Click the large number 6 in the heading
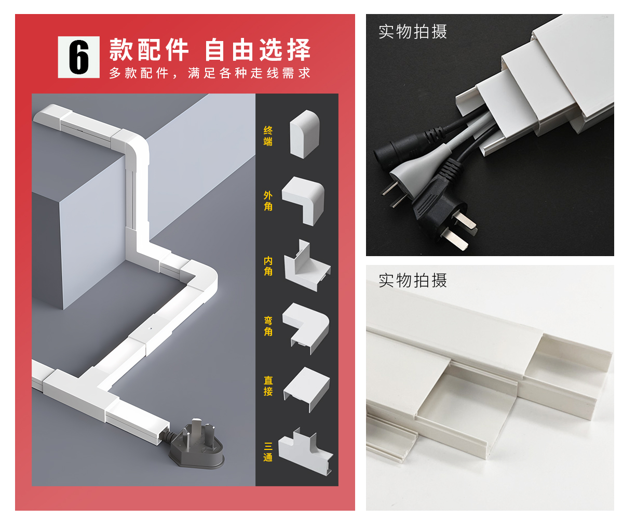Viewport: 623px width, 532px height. tap(79, 57)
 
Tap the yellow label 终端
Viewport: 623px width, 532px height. tap(268, 136)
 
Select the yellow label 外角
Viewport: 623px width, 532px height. tap(268, 201)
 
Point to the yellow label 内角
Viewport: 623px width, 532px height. tap(268, 266)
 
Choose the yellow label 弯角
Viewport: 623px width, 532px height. tap(268, 326)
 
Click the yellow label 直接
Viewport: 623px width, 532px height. tap(268, 385)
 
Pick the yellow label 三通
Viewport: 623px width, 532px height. tap(268, 452)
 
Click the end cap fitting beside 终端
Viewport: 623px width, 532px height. tap(304, 134)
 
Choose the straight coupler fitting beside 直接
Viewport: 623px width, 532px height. tap(307, 389)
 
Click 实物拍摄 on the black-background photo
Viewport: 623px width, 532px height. tap(413, 32)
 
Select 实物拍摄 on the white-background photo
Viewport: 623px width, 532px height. tap(413, 281)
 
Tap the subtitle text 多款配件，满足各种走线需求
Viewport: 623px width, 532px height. tap(210, 73)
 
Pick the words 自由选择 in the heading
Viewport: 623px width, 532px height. tap(258, 50)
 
